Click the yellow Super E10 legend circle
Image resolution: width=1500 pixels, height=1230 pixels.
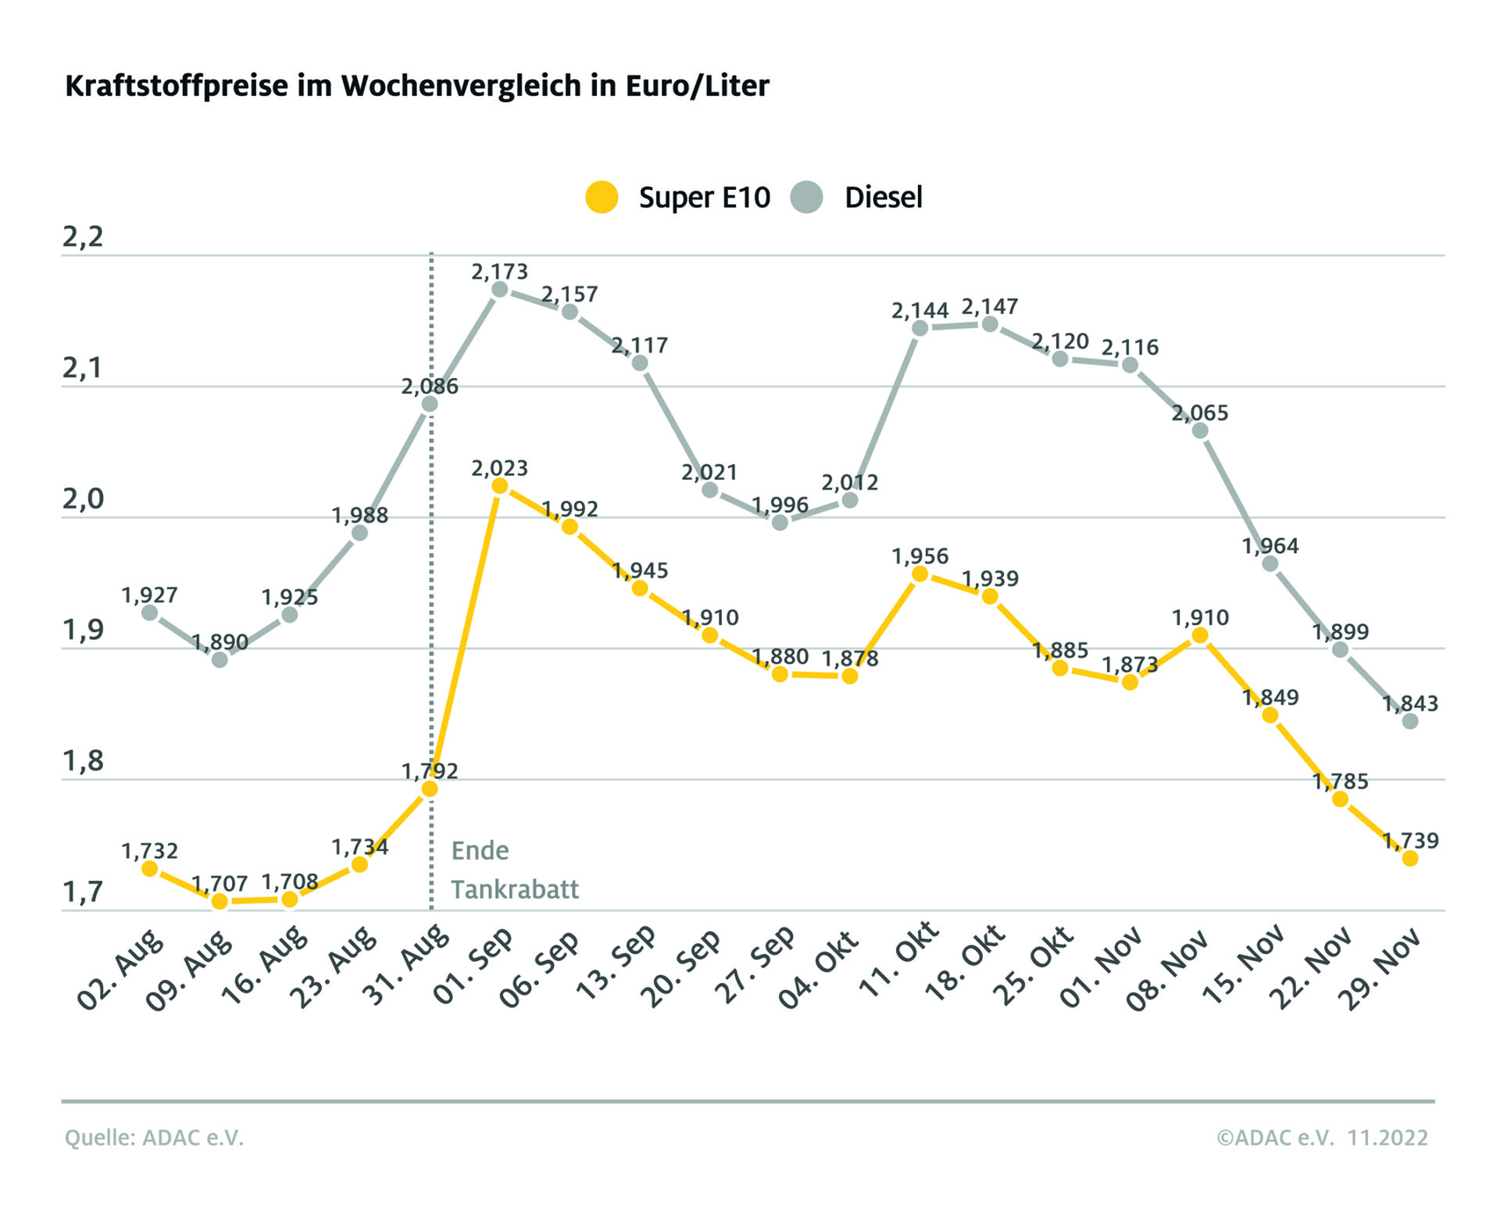[x=602, y=197]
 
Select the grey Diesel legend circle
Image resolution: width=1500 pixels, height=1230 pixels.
[x=806, y=197]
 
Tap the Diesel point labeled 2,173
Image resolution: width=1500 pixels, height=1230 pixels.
[x=500, y=290]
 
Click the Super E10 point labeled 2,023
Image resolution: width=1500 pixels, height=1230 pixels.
[x=500, y=486]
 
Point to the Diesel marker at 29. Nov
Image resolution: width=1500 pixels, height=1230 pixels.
[x=1410, y=721]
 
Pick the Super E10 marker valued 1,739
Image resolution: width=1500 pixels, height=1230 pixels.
[x=1410, y=858]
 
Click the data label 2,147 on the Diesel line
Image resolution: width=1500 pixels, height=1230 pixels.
[x=990, y=306]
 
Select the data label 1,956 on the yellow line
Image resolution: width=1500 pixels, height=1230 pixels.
[x=920, y=556]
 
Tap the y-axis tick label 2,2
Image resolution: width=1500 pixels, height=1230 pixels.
[x=83, y=237]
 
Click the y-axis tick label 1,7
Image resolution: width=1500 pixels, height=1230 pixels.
[x=83, y=892]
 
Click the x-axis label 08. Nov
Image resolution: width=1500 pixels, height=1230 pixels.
[x=1167, y=969]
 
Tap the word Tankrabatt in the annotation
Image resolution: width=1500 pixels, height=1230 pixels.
[x=515, y=889]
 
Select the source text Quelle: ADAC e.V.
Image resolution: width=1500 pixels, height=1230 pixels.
[x=154, y=1138]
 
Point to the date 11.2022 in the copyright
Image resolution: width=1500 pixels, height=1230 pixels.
[x=1387, y=1138]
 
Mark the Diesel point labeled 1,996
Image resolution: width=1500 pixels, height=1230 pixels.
[x=780, y=522]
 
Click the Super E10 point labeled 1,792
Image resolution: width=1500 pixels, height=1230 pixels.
[x=430, y=788]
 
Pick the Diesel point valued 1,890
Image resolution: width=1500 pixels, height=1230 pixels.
[x=220, y=660]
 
